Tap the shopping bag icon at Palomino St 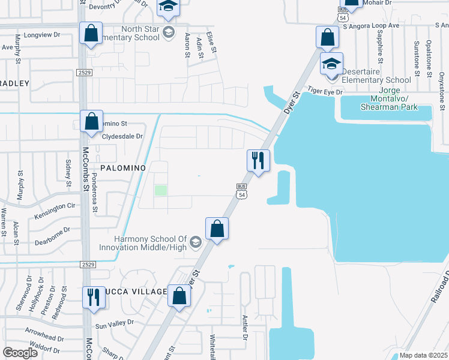point(91,122)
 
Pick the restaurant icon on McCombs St point(94,298)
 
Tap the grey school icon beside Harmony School point(195,242)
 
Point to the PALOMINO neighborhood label point(123,169)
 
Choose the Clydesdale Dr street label point(122,136)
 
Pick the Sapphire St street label point(379,45)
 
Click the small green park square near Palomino point(160,190)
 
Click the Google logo point(20,353)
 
